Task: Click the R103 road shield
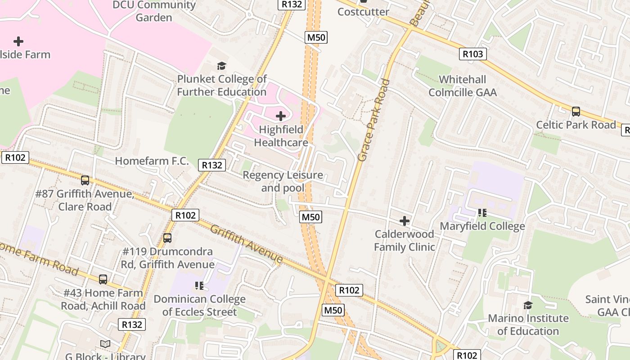pos(473,54)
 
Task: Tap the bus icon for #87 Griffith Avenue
pos(85,180)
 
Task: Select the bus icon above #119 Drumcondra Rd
pos(167,238)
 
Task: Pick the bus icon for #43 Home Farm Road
pos(103,279)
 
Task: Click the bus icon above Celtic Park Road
pos(576,112)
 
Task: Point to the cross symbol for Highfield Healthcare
pos(281,117)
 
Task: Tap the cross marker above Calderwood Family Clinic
pos(405,221)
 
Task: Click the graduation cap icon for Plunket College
pos(221,66)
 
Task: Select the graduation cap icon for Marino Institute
pos(528,306)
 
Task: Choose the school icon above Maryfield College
pos(482,213)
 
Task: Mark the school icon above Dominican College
pos(199,286)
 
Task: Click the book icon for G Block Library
pos(105,344)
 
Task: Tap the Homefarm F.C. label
pos(152,161)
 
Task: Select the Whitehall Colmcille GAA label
pos(463,86)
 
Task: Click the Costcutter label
pos(363,12)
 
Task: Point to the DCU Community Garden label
pos(154,11)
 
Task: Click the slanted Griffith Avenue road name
pos(247,244)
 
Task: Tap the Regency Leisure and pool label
pos(283,181)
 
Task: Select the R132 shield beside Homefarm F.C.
pos(212,165)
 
